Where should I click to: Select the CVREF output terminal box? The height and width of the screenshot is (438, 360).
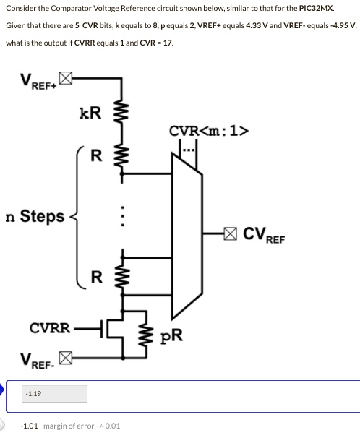(x=229, y=233)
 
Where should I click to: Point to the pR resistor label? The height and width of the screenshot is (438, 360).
(x=171, y=336)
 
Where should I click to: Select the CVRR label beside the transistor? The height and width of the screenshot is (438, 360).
(x=49, y=327)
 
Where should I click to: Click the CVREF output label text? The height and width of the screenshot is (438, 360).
(x=264, y=234)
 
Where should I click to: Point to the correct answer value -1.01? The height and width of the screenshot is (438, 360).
(x=31, y=426)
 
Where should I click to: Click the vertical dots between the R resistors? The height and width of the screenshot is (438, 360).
(x=123, y=218)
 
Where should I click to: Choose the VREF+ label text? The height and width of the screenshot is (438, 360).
(x=36, y=82)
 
